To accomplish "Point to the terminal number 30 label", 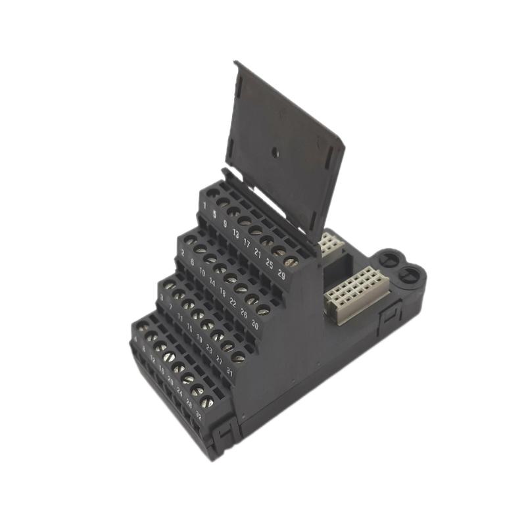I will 254,323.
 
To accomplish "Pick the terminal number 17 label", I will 247,243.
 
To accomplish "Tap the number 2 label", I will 182,252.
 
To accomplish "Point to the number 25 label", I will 270,263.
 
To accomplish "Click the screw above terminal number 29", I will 292,261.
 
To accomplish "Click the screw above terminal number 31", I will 238,358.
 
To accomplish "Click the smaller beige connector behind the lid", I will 329,245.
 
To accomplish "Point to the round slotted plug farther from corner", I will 388,258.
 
